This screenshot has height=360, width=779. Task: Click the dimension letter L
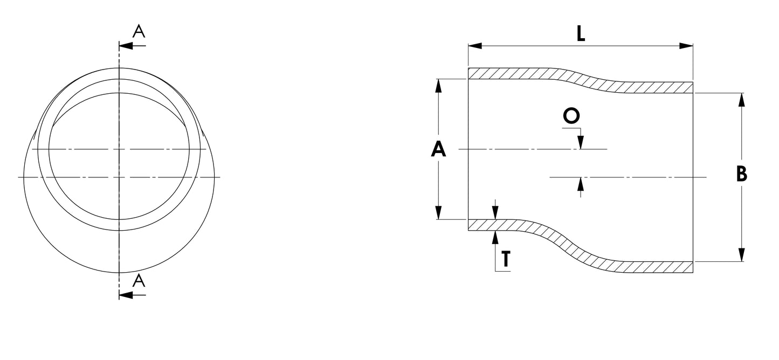[x=580, y=34]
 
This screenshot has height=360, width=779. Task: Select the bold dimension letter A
[x=439, y=149]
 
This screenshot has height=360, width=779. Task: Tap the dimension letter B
[x=742, y=175]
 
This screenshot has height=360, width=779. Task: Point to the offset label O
[x=571, y=116]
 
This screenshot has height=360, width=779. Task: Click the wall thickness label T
[x=505, y=260]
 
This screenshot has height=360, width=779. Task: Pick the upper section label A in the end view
[x=139, y=32]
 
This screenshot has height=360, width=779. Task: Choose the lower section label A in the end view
[x=139, y=280]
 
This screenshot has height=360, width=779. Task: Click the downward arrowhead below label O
[x=580, y=142]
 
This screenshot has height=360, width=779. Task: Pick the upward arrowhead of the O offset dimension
[x=580, y=184]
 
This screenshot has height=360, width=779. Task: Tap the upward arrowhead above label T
[x=495, y=237]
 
